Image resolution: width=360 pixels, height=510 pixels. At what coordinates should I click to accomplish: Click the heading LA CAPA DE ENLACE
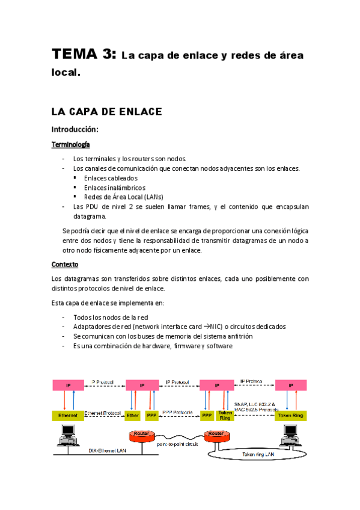click(106, 112)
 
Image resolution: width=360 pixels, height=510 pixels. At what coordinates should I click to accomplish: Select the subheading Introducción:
click(75, 129)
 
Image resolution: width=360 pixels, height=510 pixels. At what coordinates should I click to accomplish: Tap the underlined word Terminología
click(71, 145)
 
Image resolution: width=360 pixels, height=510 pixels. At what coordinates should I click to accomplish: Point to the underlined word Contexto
click(64, 264)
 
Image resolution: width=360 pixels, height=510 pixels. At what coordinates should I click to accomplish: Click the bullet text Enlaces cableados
click(111, 178)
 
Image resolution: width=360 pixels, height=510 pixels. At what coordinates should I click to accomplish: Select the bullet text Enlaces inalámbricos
click(114, 188)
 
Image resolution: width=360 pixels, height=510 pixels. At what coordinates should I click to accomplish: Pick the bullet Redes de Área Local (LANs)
click(124, 197)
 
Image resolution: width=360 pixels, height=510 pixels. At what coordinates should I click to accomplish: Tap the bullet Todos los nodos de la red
click(110, 317)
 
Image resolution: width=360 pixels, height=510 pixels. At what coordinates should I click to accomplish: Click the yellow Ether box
click(132, 415)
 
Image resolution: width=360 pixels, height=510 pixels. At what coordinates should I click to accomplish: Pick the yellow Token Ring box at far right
click(291, 415)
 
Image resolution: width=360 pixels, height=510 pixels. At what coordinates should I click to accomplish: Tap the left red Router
click(142, 435)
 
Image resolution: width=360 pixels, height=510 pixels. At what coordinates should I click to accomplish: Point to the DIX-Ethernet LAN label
click(108, 450)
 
